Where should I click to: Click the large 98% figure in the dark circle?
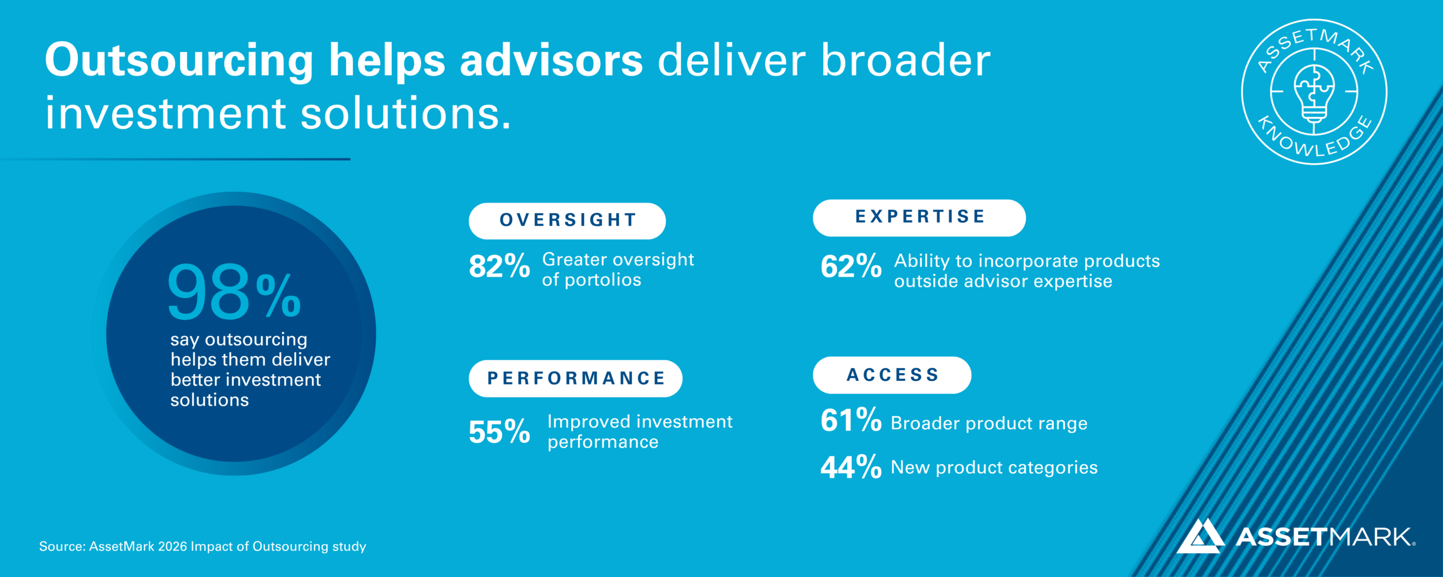234,291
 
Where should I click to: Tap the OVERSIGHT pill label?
567,221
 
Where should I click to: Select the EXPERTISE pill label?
919,218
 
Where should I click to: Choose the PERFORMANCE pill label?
576,378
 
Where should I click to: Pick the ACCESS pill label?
892,375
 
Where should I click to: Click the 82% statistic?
499,266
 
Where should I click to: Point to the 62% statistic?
851,266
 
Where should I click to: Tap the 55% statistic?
499,432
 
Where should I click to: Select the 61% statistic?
851,420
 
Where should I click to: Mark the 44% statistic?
851,467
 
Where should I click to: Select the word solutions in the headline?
406,114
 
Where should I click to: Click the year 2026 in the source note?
172,546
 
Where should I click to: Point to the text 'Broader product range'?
989,423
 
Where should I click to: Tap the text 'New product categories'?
994,468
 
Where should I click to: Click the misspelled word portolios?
603,280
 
